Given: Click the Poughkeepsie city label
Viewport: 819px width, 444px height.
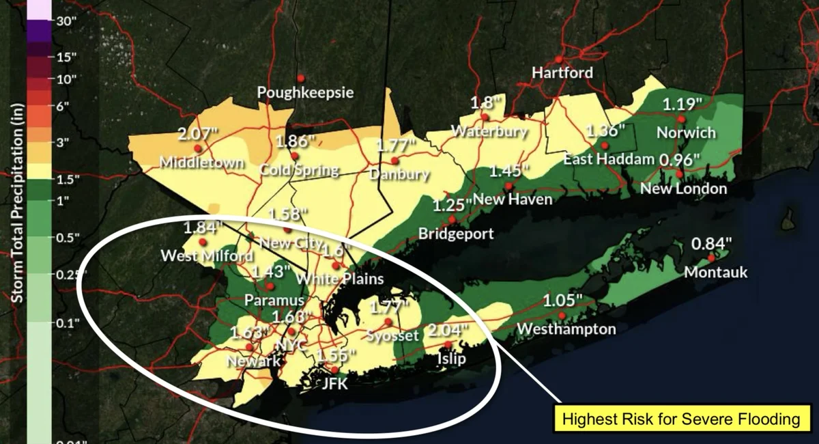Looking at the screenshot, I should (305, 92).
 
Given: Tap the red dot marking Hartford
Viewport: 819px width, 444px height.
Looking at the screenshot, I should (559, 59).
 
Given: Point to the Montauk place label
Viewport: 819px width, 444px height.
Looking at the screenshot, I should (715, 273).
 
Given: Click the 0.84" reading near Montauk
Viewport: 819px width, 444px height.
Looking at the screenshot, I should (711, 243).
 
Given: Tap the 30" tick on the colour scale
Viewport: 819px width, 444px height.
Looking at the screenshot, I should (66, 20).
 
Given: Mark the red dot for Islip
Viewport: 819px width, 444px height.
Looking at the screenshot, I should (448, 344).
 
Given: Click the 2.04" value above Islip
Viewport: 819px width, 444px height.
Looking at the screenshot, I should (448, 331).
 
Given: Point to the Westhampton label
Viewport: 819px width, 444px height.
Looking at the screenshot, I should (566, 329).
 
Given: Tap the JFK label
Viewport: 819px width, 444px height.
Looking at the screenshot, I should (334, 384).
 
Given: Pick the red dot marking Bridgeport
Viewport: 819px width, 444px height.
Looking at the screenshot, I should (452, 219).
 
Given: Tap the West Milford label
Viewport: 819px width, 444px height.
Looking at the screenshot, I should (207, 256).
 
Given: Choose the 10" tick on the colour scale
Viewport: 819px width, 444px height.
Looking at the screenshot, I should (66, 79).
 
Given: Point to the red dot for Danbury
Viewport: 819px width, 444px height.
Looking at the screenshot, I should (394, 161).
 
